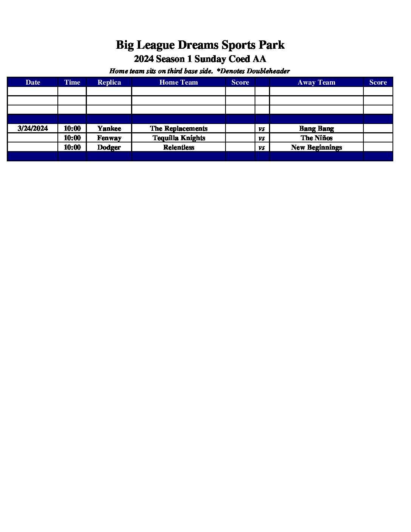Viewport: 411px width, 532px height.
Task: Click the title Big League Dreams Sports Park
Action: point(200,45)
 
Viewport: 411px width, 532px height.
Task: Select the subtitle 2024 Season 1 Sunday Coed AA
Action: point(200,59)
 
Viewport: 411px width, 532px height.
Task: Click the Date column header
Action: point(33,82)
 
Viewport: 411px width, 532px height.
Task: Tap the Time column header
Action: point(72,82)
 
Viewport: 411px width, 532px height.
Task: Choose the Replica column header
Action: point(109,82)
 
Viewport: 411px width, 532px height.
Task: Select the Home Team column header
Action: point(179,82)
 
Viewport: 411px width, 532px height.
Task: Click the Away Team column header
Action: point(316,82)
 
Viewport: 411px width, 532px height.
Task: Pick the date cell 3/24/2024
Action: point(33,128)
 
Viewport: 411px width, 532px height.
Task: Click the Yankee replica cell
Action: point(109,128)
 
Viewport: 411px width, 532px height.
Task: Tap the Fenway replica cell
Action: point(109,138)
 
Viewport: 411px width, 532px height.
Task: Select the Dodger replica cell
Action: point(109,147)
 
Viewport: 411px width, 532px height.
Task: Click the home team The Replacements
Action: point(179,128)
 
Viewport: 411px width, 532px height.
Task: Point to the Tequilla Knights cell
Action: point(179,138)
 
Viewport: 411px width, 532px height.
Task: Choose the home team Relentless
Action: point(179,147)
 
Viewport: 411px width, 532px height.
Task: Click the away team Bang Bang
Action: point(316,128)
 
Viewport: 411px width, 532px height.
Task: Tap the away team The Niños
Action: point(316,138)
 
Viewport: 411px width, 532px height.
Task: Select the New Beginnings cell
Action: point(316,147)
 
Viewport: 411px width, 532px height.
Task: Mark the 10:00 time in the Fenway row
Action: point(72,138)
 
